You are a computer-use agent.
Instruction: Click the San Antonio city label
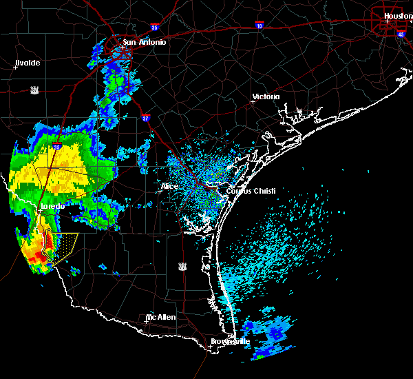tap(144, 42)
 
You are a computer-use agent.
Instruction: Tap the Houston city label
tap(397, 16)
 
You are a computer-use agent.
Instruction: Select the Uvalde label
tap(28, 63)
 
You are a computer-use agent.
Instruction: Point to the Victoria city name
tap(266, 96)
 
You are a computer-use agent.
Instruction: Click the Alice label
tap(169, 186)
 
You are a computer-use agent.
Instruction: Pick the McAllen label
tap(160, 317)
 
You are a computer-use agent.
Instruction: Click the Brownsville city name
tap(231, 341)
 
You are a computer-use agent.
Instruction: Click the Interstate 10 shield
tap(259, 25)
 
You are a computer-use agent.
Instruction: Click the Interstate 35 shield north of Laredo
tap(57, 147)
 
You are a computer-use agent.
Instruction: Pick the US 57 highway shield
tap(34, 90)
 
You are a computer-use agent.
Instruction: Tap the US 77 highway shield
tap(182, 265)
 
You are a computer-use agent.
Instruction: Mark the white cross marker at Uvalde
tap(15, 68)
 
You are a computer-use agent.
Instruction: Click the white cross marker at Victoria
tap(253, 101)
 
